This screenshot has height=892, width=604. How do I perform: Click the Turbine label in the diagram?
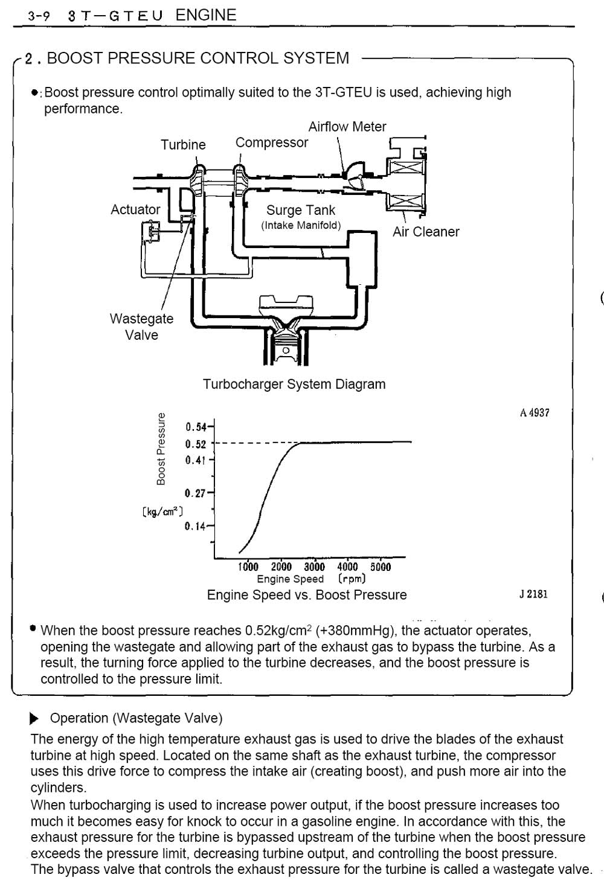click(x=183, y=145)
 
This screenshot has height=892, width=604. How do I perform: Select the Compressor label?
click(x=272, y=142)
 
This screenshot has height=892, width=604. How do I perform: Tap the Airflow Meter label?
click(x=347, y=127)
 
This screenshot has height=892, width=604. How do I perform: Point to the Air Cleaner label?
click(x=426, y=231)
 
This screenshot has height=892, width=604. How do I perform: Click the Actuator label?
click(x=135, y=209)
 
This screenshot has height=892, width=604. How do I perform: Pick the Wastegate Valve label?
click(x=142, y=327)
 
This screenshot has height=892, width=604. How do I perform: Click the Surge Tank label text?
click(x=301, y=210)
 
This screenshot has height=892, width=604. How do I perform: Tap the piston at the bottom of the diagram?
click(x=285, y=346)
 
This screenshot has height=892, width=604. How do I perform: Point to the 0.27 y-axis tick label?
click(x=195, y=494)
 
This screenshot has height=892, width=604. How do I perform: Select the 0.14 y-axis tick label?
click(x=195, y=526)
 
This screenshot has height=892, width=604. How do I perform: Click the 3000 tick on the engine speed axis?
click(x=314, y=567)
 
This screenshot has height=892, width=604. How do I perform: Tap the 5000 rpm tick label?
click(x=381, y=567)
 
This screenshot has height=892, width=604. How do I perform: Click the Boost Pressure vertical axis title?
click(x=161, y=449)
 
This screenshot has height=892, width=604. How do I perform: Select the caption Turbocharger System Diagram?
click(x=294, y=384)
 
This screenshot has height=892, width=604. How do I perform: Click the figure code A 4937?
click(x=535, y=413)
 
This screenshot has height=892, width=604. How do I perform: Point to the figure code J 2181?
click(x=534, y=594)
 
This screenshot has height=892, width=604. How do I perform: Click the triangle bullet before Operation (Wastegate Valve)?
click(x=34, y=718)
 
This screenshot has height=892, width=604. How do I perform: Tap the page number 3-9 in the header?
click(x=39, y=16)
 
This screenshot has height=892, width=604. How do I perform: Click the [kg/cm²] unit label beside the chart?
click(x=162, y=511)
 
